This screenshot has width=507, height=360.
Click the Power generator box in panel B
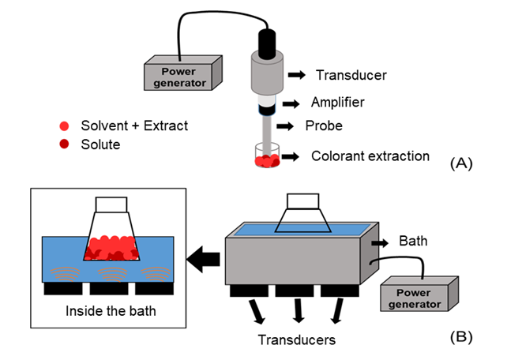pyautogui.click(x=417, y=295)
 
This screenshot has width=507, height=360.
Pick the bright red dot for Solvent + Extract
pyautogui.click(x=64, y=126)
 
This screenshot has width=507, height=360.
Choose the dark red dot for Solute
pyautogui.click(x=64, y=145)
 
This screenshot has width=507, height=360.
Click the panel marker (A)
pyautogui.click(x=460, y=163)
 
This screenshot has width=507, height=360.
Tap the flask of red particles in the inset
pyautogui.click(x=111, y=236)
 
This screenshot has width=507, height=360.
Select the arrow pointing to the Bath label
pyautogui.click(x=378, y=241)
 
